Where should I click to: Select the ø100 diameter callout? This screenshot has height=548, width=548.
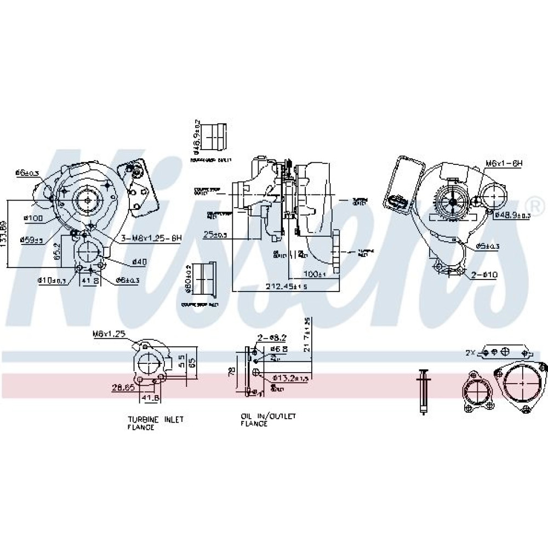33,218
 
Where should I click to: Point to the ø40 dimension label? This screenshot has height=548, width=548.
139,262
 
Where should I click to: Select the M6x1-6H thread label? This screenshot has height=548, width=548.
505,163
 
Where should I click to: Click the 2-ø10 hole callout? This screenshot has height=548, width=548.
484,275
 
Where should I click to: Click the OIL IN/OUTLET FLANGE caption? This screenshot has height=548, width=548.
268,420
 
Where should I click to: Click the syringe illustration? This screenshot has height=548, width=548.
423,391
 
